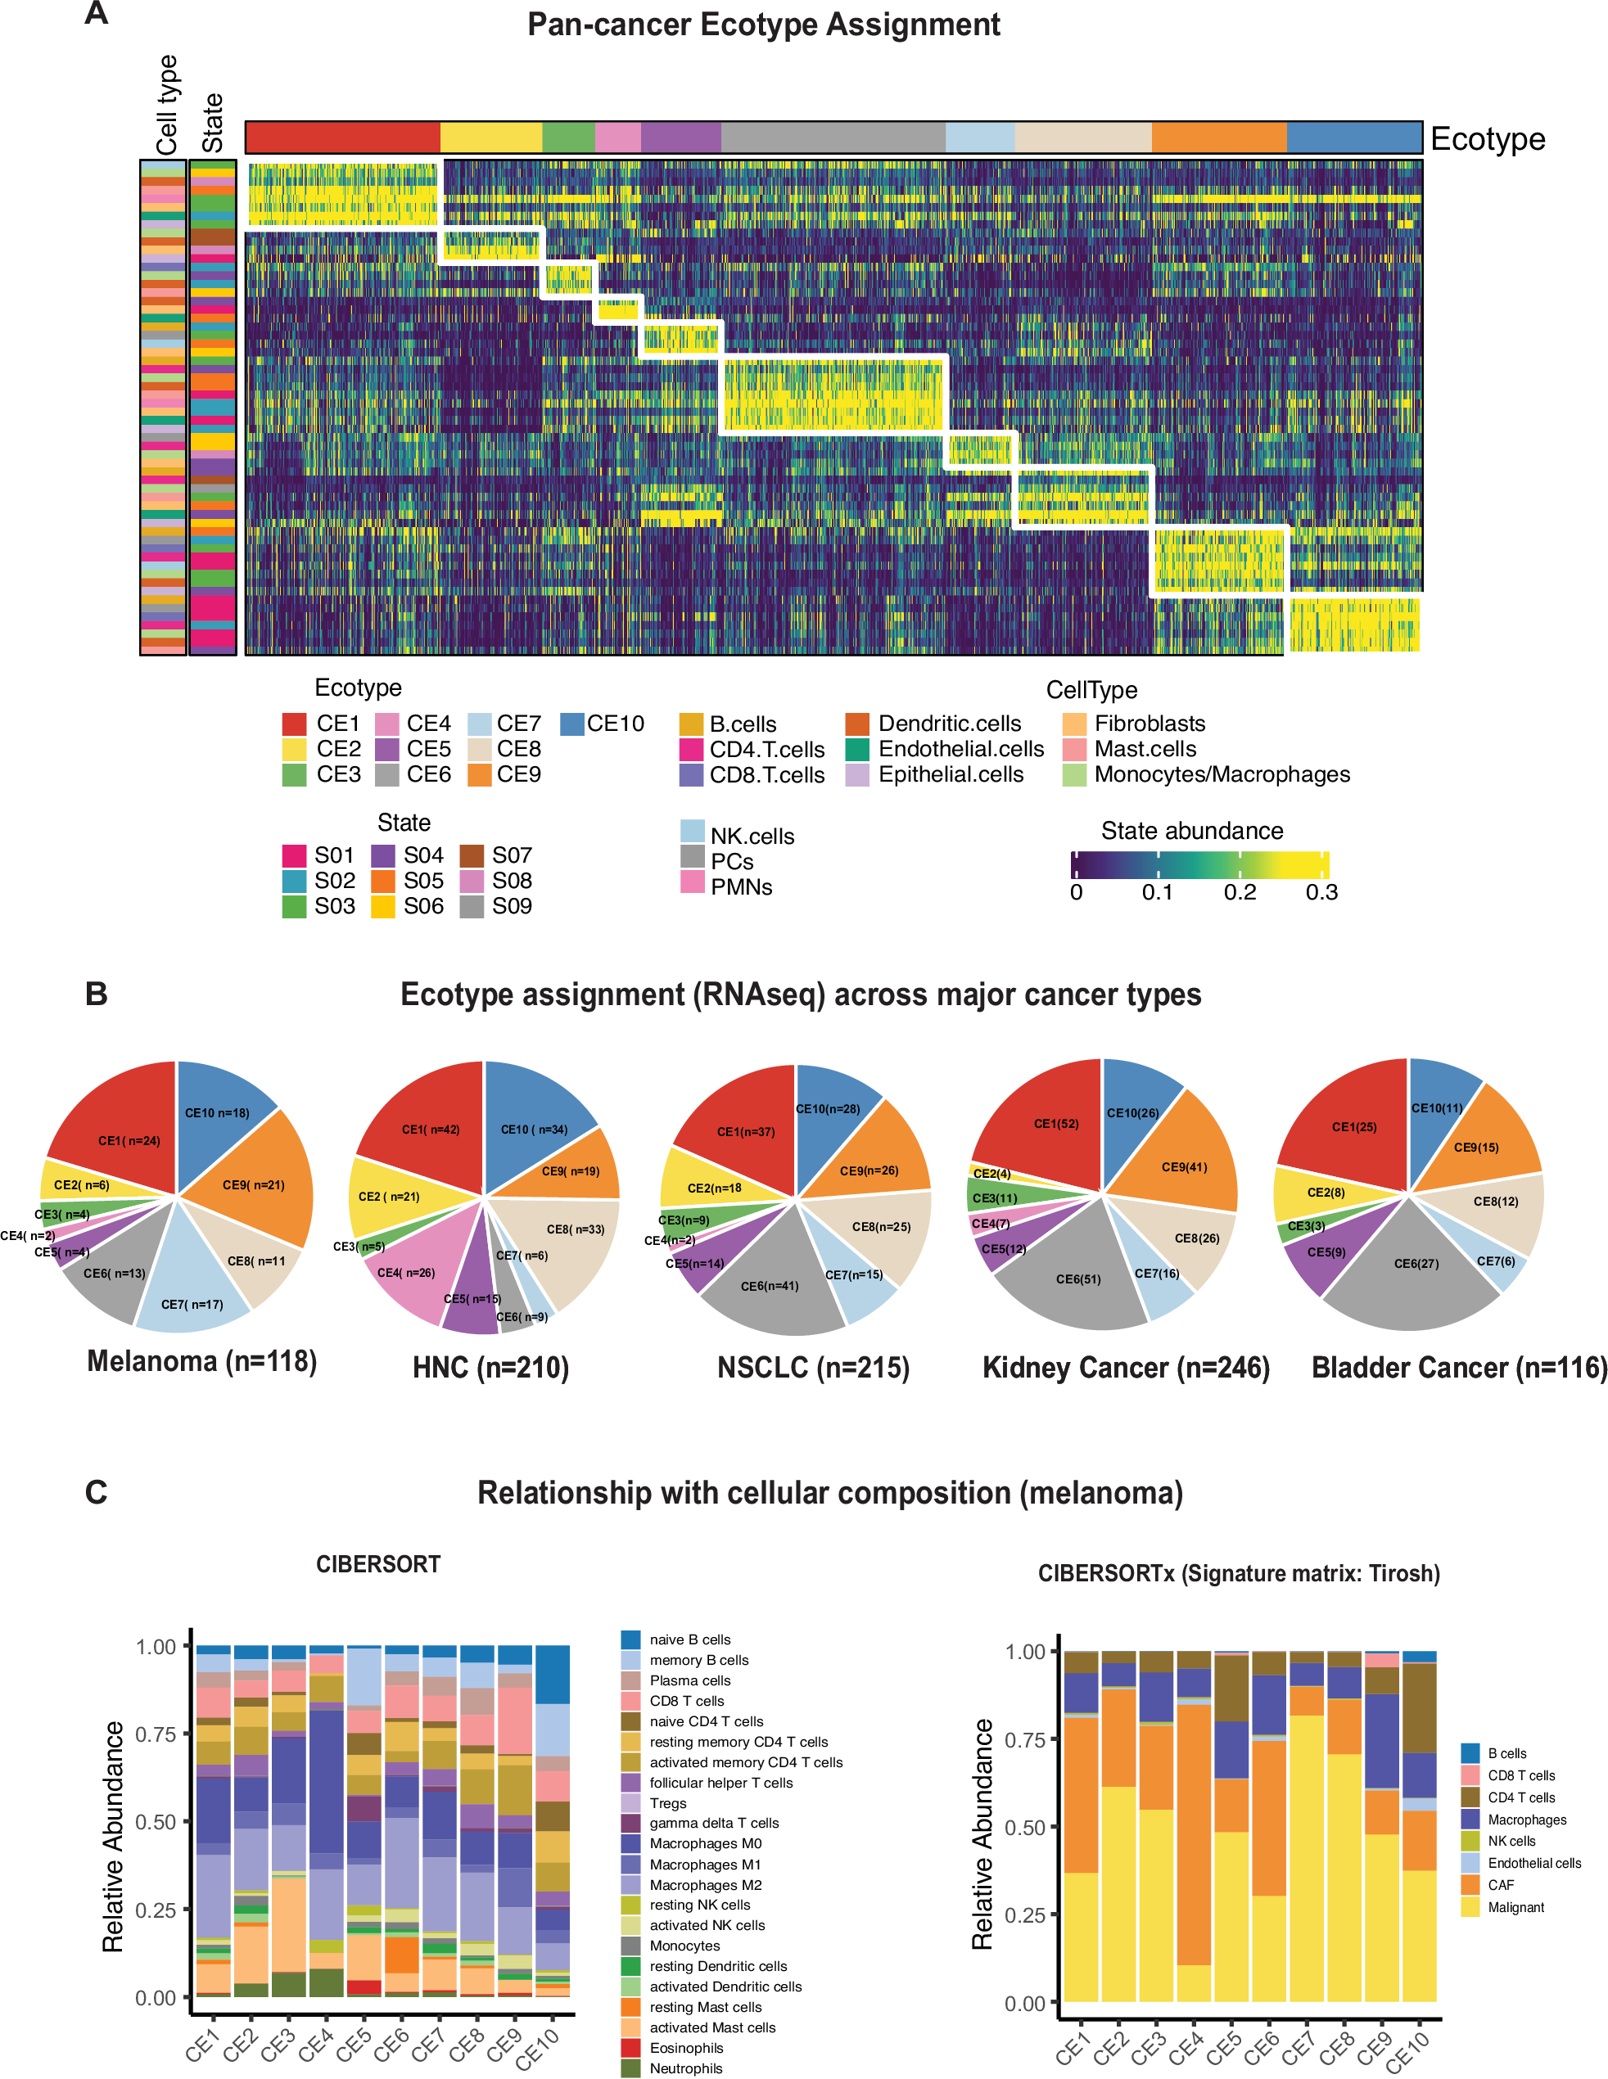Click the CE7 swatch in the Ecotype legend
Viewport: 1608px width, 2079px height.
coord(480,724)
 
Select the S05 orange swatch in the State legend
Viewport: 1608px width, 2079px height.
coord(384,881)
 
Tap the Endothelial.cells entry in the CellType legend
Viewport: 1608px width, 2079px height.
coord(960,749)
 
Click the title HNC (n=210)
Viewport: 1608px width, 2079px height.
coord(490,1368)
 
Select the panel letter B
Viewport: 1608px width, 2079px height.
coord(96,994)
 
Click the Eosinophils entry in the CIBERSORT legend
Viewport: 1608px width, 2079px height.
coord(685,2048)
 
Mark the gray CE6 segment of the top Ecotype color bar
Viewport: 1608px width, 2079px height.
coord(833,137)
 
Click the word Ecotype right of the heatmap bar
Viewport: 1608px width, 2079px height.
coord(1487,139)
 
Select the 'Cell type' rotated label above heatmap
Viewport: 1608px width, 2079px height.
coord(168,105)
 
